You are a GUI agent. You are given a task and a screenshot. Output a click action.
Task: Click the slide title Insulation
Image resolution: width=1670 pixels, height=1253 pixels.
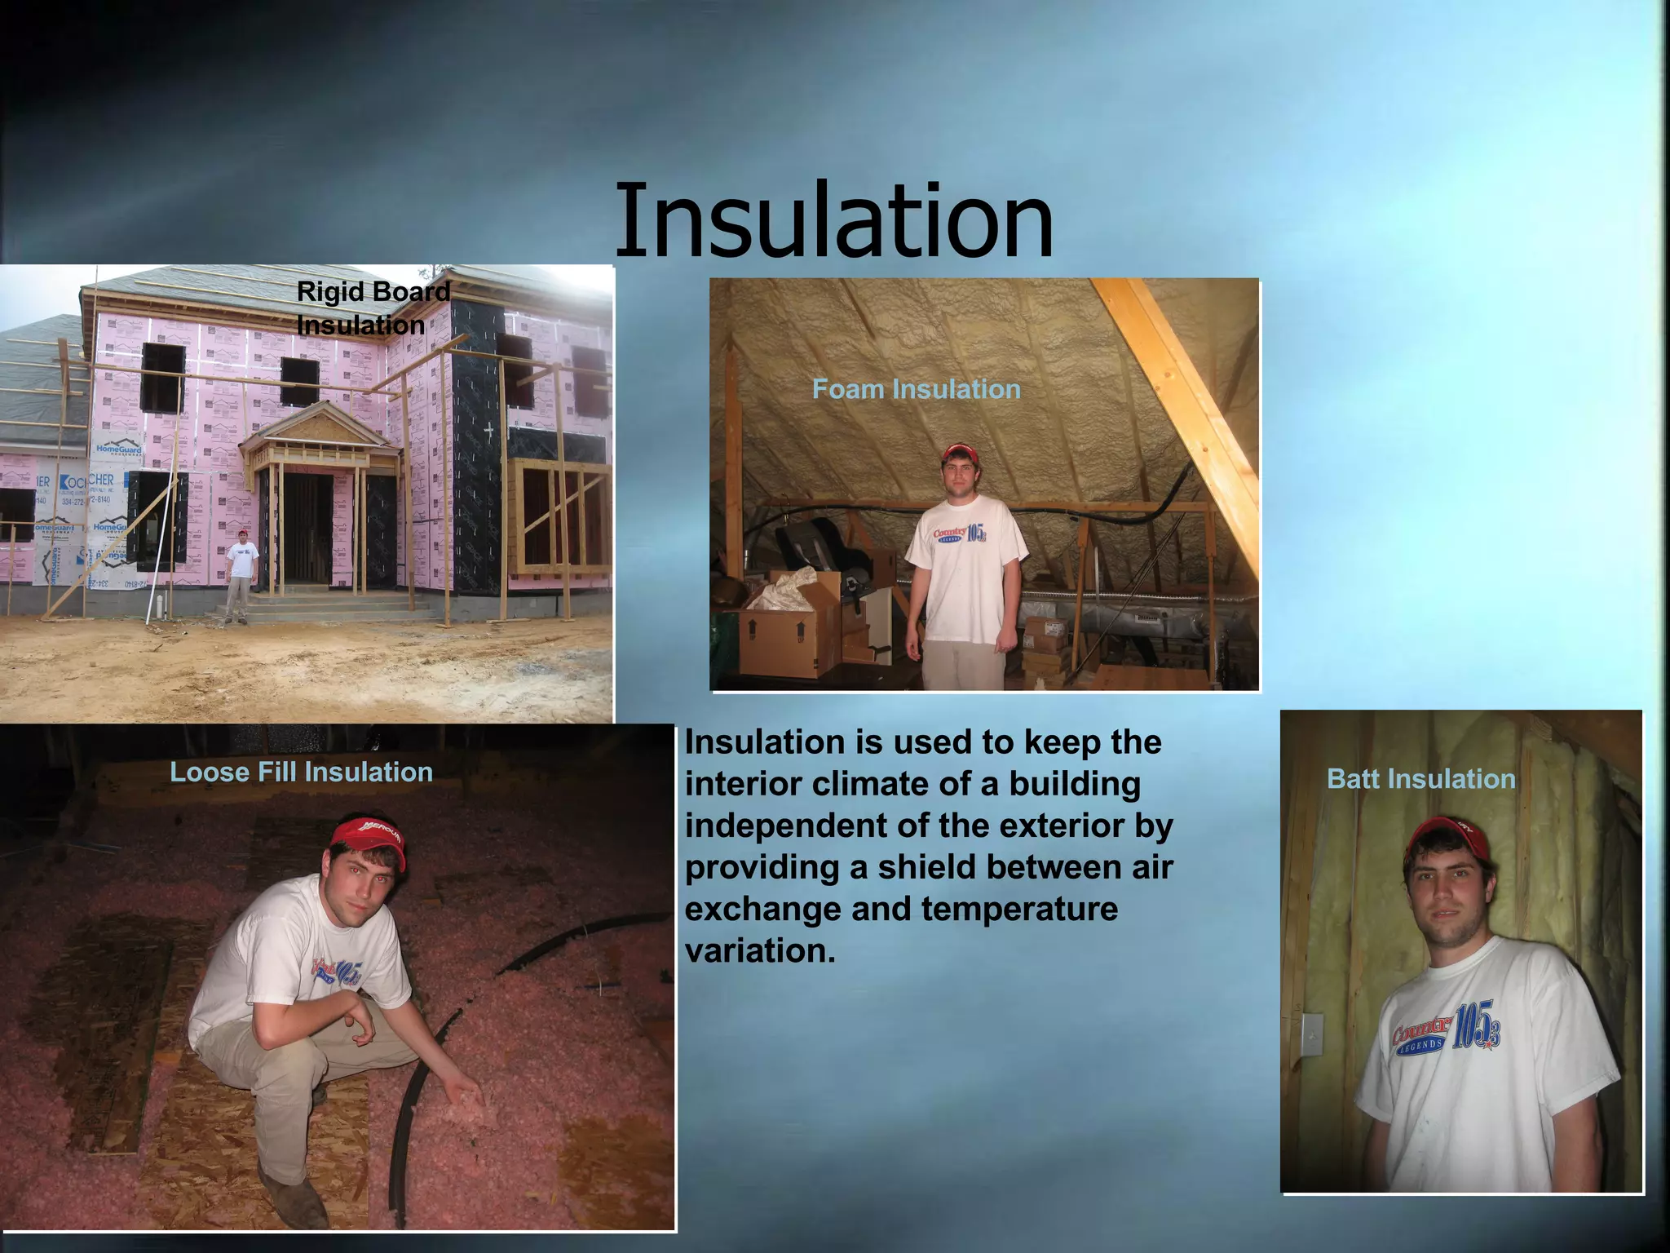click(833, 220)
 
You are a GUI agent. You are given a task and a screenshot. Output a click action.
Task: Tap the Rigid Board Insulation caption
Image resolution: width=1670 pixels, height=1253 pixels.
click(373, 308)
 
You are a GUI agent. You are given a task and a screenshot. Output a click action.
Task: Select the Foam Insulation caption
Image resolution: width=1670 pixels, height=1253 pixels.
click(916, 389)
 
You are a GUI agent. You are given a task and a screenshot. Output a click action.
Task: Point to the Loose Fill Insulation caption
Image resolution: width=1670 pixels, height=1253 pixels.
click(301, 772)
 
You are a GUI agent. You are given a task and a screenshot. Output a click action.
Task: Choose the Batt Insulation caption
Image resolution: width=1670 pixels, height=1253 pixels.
click(1420, 779)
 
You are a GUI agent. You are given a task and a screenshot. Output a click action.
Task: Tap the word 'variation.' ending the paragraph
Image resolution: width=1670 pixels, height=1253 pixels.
click(760, 950)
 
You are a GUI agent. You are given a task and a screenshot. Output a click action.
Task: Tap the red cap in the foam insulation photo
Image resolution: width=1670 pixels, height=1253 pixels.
click(960, 453)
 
